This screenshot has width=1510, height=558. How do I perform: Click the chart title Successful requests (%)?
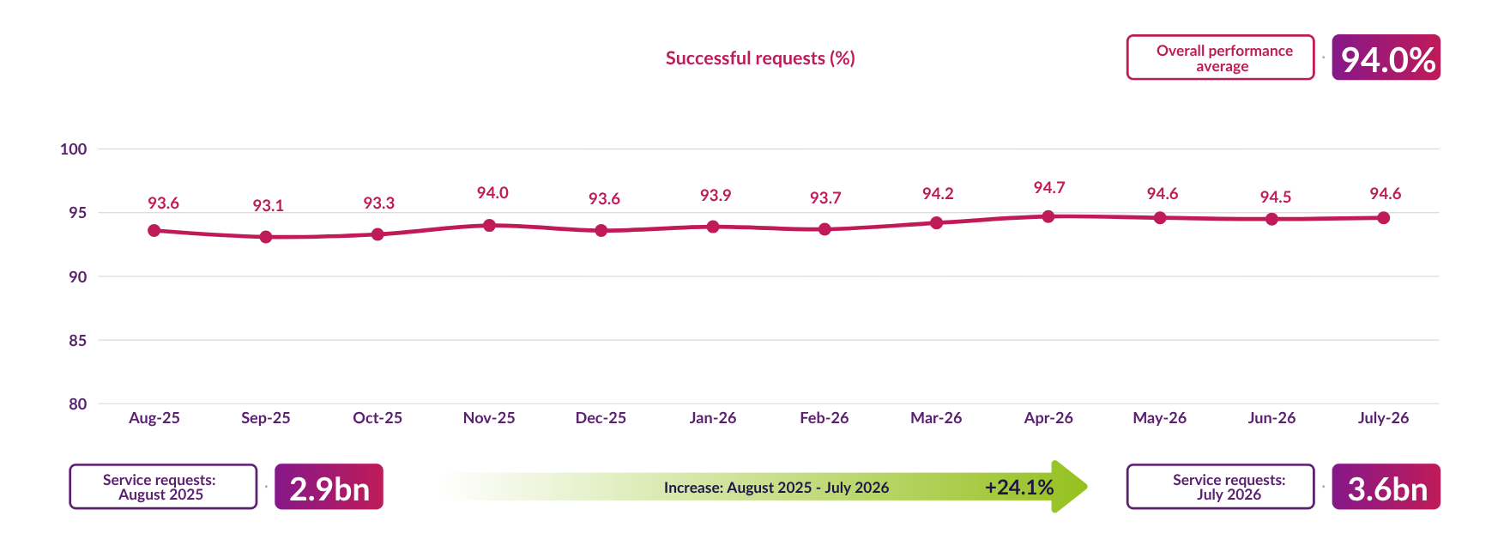(760, 58)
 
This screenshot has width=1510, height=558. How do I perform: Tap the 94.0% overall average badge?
(1386, 58)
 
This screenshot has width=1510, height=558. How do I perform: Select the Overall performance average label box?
(1220, 58)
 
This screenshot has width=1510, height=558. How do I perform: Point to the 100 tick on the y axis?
(74, 149)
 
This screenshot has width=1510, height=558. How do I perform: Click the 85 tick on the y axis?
(78, 341)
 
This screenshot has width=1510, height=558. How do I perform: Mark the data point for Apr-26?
(1048, 216)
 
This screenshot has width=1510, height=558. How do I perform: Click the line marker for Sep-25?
(266, 237)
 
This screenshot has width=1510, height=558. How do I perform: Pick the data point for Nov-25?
(489, 225)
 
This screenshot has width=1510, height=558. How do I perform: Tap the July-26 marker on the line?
(1384, 218)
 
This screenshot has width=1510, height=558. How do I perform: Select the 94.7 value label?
(1049, 188)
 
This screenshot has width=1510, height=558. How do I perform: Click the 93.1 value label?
(268, 206)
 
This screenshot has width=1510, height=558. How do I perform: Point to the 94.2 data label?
(938, 194)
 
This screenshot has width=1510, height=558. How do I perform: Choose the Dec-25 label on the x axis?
(601, 418)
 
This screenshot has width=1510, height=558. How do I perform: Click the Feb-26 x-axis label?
(824, 418)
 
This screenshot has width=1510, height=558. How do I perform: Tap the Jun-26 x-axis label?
(1271, 418)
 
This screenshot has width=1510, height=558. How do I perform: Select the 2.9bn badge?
(329, 487)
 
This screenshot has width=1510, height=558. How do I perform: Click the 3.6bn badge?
(1386, 487)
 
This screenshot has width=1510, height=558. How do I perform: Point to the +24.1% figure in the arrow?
(1019, 488)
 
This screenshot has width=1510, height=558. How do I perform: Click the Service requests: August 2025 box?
(163, 487)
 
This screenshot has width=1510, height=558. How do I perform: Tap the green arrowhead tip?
(1087, 487)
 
